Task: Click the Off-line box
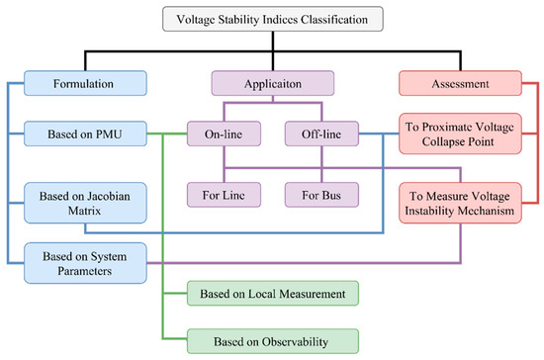[x=318, y=133]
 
